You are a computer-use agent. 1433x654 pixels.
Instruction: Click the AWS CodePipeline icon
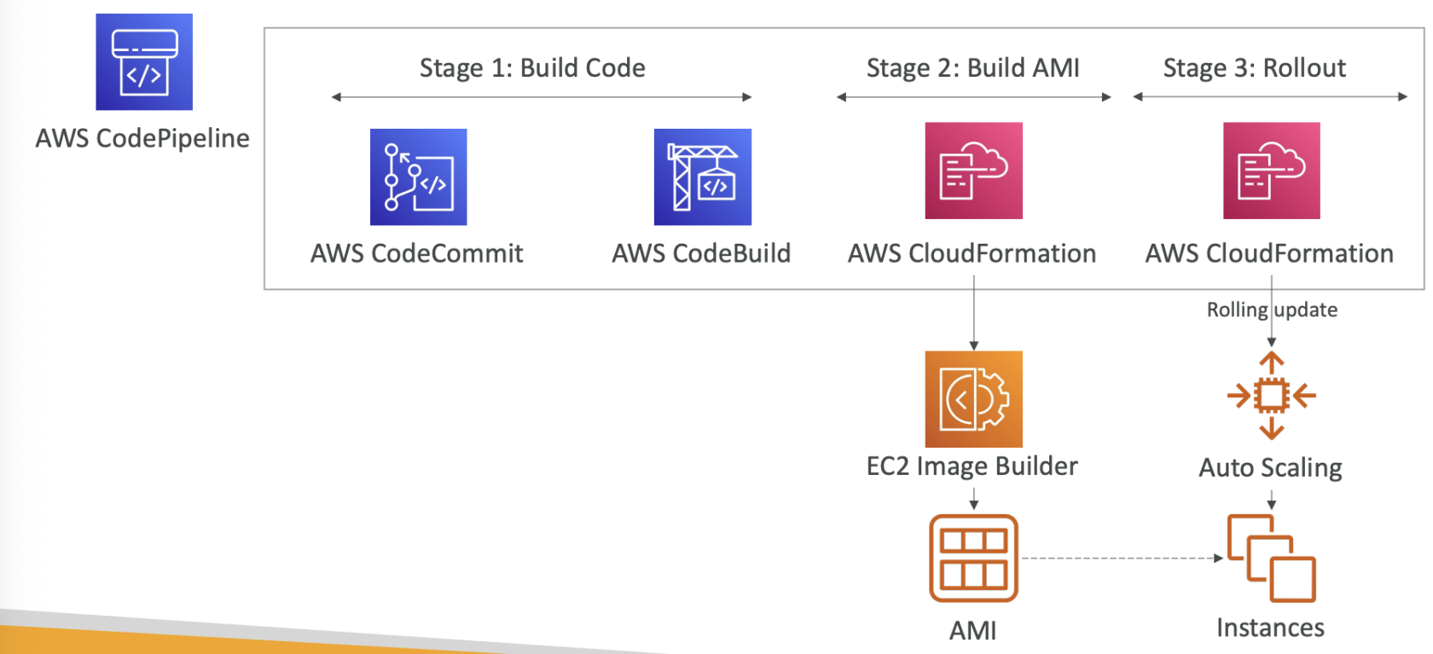[x=144, y=61]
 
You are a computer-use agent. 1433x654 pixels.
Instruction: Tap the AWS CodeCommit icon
[x=418, y=177]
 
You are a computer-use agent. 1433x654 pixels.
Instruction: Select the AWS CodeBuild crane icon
[x=702, y=177]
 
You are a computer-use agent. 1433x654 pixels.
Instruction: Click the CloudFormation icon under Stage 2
[x=973, y=171]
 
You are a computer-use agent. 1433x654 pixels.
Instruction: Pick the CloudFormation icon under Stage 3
[x=1271, y=171]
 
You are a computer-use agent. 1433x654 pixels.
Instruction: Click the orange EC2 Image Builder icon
[x=973, y=399]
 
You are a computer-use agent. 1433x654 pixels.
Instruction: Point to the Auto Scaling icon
[x=1271, y=396]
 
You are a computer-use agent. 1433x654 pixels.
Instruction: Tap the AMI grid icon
[x=973, y=559]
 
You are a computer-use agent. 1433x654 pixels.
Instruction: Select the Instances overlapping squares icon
[x=1271, y=559]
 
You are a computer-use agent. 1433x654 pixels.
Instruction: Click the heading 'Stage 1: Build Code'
[x=532, y=68]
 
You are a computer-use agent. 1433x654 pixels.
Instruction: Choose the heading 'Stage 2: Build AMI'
[x=972, y=68]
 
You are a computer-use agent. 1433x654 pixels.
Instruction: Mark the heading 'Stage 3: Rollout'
[x=1254, y=68]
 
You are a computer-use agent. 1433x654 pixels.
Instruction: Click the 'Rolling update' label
[x=1272, y=310]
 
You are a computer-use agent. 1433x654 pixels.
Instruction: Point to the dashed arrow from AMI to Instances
[x=1122, y=559]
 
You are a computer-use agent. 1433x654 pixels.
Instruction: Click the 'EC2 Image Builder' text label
[x=972, y=466]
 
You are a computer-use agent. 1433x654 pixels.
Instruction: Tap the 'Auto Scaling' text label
[x=1270, y=468]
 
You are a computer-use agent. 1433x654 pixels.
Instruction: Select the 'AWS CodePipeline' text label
[x=142, y=138]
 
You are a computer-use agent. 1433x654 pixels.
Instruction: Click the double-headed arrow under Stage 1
[x=542, y=97]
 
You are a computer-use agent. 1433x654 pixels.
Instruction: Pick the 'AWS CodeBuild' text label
[x=701, y=253]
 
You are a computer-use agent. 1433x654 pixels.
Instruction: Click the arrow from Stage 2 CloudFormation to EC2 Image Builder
[x=974, y=319]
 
